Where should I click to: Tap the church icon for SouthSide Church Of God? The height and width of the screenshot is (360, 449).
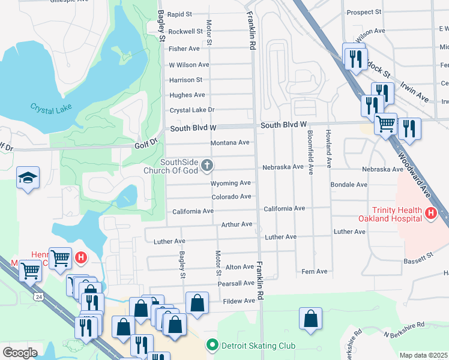pos(206,165)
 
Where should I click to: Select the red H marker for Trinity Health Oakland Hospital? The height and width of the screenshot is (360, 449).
pos(430,213)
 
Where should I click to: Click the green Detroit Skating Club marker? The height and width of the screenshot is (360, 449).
pos(211,346)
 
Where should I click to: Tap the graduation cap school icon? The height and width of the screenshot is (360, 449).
pos(28,178)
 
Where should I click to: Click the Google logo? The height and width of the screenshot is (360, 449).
pos(19,352)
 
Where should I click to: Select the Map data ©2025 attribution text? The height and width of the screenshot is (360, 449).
pos(424,355)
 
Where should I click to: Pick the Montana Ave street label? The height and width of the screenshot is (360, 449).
pos(229,143)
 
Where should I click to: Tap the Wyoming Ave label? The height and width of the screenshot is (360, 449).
pos(231,183)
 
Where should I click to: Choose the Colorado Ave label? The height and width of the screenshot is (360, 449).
pos(231,197)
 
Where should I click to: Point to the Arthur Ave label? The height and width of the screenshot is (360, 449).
pos(237,224)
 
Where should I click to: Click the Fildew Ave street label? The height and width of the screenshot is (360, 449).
pos(238,301)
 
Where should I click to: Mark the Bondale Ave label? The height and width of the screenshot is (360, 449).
pos(349,185)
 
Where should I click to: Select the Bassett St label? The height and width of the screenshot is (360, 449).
pos(418,258)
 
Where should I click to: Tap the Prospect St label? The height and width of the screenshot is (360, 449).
pos(364,12)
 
